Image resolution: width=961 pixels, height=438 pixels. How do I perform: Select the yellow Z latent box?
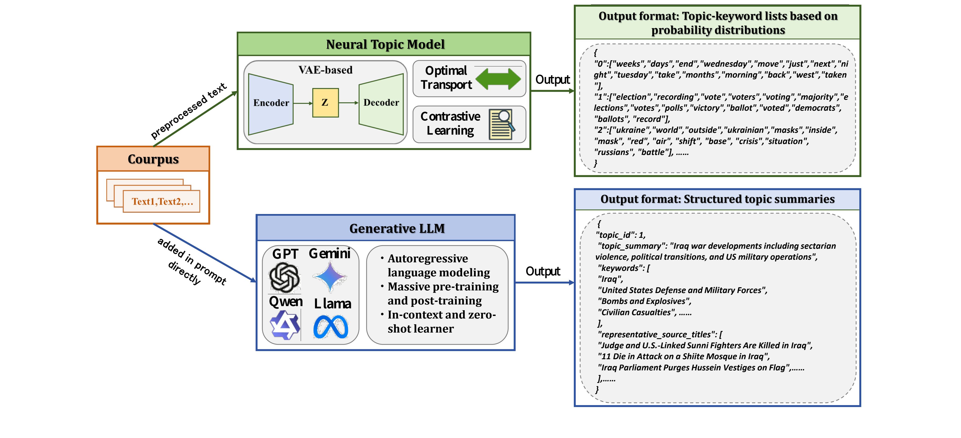pos(325,103)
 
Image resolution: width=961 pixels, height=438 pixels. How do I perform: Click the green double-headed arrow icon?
pos(498,79)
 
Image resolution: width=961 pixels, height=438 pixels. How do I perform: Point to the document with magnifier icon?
pos(502,124)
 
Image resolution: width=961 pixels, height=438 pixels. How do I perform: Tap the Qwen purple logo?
pos(285,325)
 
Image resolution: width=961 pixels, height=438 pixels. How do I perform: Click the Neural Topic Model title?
pos(385,45)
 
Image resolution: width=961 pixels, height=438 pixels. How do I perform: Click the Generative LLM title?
pos(397,228)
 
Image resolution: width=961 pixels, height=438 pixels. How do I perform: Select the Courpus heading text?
pos(153,159)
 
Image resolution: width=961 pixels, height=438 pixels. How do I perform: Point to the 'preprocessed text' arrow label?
pos(188,110)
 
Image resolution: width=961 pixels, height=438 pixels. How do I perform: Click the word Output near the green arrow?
pos(552,80)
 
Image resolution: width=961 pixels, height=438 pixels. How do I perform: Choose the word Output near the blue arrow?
pos(543,271)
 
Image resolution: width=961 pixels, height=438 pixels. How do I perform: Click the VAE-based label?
pos(325,70)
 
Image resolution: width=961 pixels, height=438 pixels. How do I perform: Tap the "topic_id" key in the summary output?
pos(616,235)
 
